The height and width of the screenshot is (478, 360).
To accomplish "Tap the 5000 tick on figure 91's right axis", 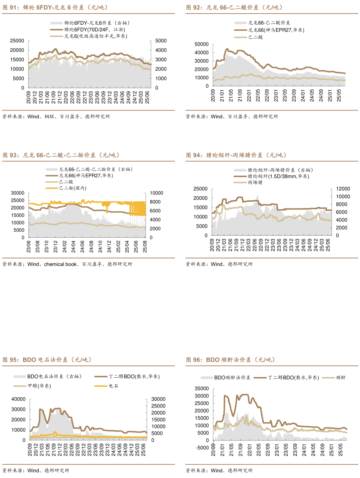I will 161,41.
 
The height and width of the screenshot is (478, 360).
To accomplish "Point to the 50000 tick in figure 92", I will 202,44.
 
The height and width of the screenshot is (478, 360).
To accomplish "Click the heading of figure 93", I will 61,155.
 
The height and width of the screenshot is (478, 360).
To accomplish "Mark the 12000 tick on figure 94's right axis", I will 343,189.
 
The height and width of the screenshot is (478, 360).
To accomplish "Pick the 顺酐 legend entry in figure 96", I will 341,377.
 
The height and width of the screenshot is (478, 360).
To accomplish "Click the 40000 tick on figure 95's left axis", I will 18,399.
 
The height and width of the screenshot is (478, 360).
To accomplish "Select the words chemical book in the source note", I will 60,264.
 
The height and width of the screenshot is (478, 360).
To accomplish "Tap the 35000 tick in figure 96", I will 202,389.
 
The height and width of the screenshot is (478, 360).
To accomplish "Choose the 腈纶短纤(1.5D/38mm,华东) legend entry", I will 278,176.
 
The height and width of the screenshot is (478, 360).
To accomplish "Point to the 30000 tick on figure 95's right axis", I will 158,399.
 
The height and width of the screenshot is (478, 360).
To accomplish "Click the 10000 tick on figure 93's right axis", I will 156,193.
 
